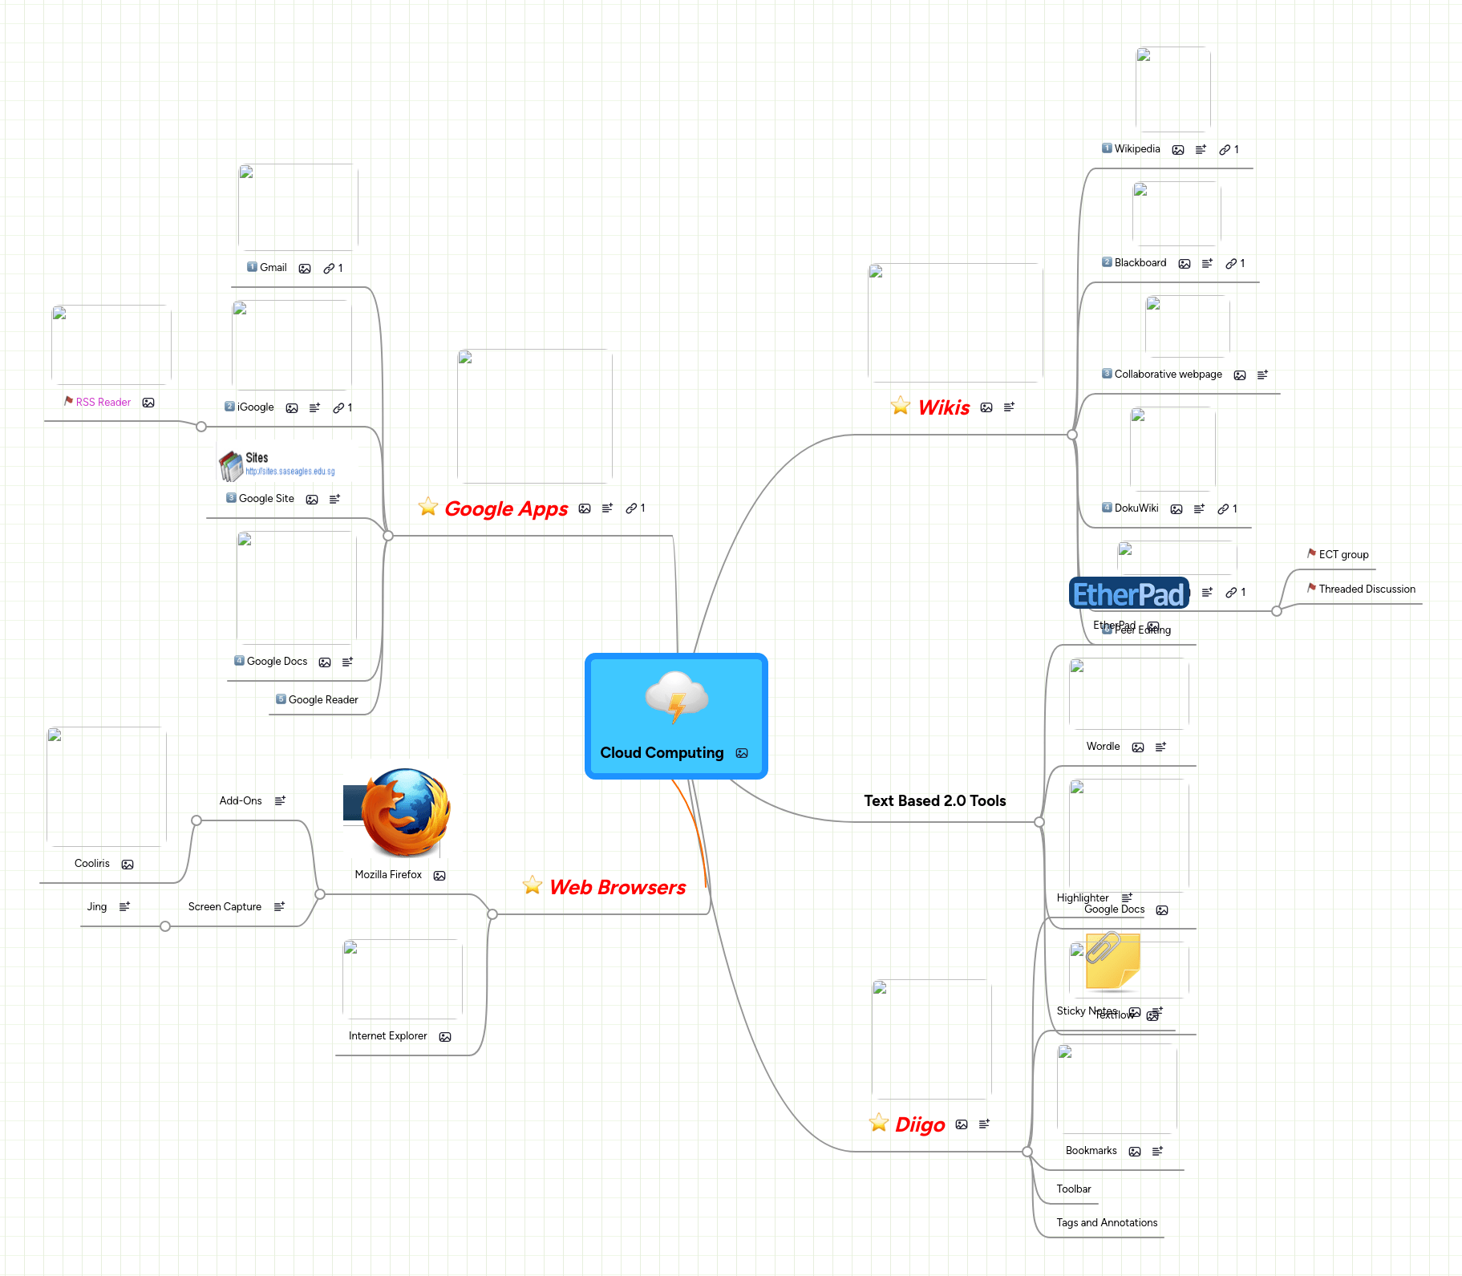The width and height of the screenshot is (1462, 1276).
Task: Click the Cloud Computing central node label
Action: click(662, 752)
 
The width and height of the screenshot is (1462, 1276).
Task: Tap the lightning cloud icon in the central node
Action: click(677, 697)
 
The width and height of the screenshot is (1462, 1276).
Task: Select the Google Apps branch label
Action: click(506, 508)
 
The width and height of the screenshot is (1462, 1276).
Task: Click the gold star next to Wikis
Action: click(901, 406)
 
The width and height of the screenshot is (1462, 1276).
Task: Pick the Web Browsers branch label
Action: click(617, 887)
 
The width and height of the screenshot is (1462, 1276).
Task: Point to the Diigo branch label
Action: click(920, 1124)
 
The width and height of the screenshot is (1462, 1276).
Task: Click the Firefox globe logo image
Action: click(406, 812)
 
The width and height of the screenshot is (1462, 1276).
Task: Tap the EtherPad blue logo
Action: click(1128, 593)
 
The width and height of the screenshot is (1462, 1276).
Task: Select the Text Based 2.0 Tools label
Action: click(934, 800)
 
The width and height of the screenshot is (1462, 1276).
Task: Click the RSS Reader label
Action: click(103, 402)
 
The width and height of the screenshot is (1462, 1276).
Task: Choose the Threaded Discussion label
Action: click(1367, 589)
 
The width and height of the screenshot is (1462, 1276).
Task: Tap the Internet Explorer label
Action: click(387, 1035)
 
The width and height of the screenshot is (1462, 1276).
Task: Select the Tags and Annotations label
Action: click(1107, 1222)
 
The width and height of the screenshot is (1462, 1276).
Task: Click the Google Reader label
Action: click(323, 699)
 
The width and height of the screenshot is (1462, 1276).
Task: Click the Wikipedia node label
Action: click(1136, 148)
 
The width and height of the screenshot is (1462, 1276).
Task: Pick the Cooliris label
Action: click(92, 863)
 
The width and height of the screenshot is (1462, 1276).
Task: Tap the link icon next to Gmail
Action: click(329, 269)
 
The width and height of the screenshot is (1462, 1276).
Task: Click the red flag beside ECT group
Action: click(1311, 553)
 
